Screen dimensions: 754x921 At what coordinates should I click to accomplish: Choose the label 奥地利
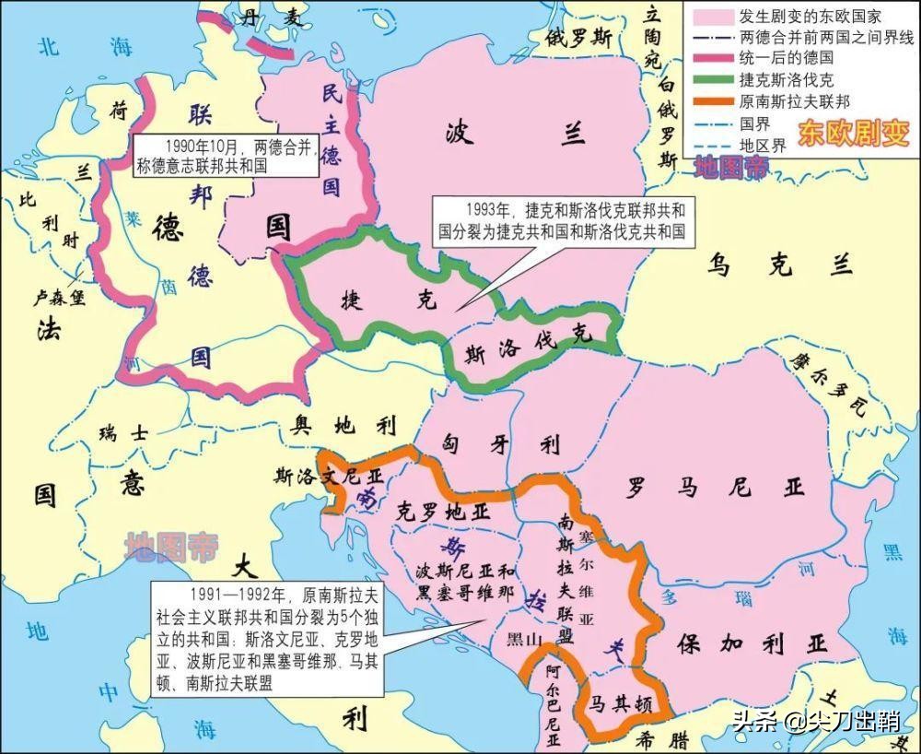[x=344, y=425]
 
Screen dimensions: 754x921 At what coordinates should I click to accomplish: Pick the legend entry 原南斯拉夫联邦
[x=792, y=101]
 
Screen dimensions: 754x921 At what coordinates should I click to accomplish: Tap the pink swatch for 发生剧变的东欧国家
[x=708, y=18]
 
